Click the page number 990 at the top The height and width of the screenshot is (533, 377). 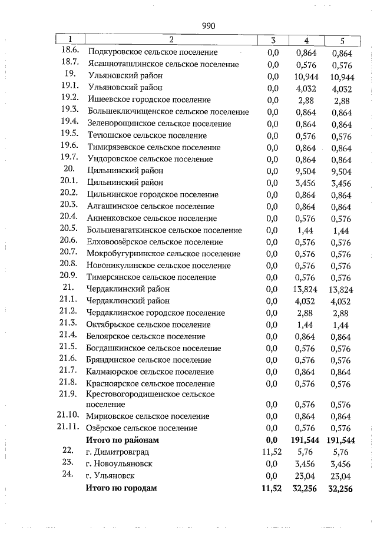[209, 26]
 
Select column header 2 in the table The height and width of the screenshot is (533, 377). [171, 40]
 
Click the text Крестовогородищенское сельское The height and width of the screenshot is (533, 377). [150, 394]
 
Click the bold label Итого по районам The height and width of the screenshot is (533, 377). [123, 440]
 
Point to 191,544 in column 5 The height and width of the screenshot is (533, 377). [342, 441]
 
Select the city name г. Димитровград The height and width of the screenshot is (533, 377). [117, 452]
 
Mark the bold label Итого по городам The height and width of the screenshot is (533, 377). [121, 488]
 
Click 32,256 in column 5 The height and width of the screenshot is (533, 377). [342, 488]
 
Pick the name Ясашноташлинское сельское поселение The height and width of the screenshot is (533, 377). [163, 65]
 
